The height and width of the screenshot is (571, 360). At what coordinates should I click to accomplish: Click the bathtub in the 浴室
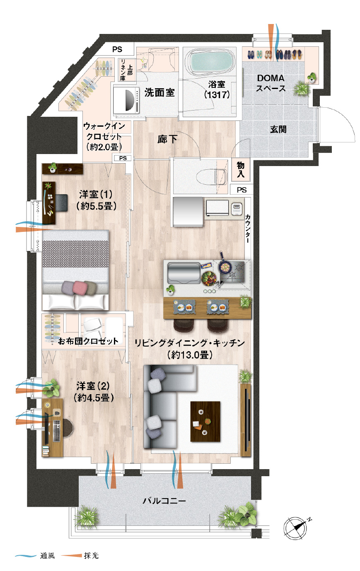(x=210, y=62)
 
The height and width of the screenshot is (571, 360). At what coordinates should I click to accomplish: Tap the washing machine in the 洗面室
(x=127, y=99)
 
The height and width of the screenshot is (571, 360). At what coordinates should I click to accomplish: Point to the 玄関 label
(x=278, y=130)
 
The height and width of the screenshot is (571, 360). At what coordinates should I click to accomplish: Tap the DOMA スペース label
(x=271, y=83)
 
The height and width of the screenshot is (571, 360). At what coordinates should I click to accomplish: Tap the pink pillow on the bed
(x=79, y=287)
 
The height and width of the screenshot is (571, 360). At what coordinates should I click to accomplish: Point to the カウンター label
(x=248, y=228)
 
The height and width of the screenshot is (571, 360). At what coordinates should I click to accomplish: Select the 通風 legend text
(x=47, y=556)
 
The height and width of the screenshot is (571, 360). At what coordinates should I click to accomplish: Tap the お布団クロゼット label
(x=88, y=341)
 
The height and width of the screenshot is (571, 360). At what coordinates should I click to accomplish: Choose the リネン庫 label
(x=123, y=70)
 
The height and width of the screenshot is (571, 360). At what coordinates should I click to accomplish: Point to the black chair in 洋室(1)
(x=61, y=202)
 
